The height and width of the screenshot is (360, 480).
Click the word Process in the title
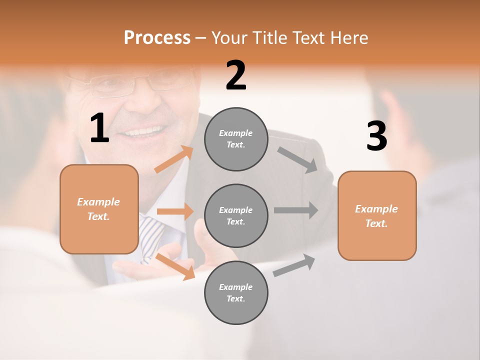(157, 38)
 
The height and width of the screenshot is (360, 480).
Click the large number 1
(99, 128)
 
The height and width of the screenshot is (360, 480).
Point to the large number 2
(236, 75)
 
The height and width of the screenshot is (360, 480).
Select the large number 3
(376, 136)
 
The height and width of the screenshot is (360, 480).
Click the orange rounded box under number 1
(99, 209)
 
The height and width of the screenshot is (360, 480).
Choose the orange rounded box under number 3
(377, 215)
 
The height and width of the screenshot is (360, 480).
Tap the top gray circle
(236, 139)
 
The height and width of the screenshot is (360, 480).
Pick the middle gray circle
(236, 215)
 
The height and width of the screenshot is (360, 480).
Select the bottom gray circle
(236, 292)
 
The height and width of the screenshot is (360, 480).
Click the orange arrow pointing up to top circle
(174, 159)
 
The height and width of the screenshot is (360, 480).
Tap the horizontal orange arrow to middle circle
(175, 211)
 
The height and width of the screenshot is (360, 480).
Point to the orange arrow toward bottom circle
(175, 266)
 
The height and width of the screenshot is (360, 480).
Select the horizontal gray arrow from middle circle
(296, 210)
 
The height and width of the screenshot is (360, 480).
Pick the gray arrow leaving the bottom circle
(294, 265)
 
